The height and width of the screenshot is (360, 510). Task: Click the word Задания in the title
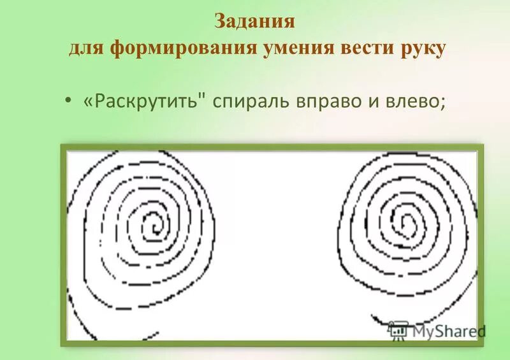(x=254, y=21)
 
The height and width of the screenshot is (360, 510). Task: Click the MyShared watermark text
(x=449, y=331)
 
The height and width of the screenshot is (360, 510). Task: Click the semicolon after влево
(x=442, y=104)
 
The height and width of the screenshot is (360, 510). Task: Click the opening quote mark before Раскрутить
(x=87, y=102)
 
